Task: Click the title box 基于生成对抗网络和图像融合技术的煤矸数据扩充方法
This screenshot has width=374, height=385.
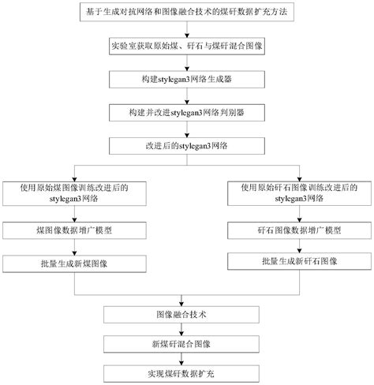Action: (186, 14)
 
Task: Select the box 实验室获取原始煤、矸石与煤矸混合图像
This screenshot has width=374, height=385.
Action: (186, 47)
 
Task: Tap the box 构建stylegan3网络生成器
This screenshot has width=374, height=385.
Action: (186, 80)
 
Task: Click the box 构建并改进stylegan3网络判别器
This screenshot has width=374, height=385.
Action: (186, 112)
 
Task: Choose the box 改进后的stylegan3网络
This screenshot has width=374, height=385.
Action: (186, 145)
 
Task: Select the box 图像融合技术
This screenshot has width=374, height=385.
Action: (186, 313)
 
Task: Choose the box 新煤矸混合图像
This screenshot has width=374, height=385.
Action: (186, 344)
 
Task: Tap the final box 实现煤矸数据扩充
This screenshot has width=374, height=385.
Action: (186, 372)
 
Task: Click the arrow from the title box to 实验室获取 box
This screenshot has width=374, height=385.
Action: (186, 31)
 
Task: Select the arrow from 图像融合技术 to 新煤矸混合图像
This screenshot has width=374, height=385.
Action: (186, 328)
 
